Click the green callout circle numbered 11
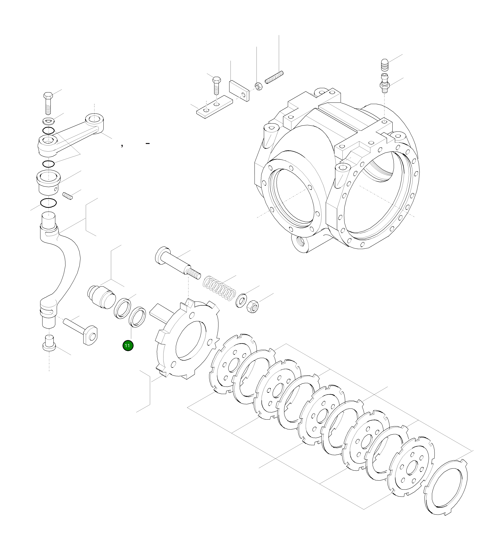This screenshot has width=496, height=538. (x=128, y=346)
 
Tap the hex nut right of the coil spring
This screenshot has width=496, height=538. (x=252, y=306)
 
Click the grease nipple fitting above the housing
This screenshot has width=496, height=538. (x=384, y=84)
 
